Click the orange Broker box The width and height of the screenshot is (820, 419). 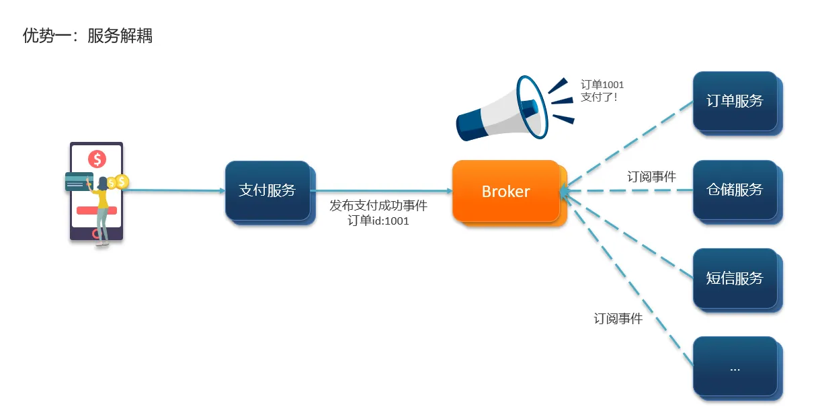pyautogui.click(x=506, y=191)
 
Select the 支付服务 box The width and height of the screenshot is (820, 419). pyautogui.click(x=268, y=190)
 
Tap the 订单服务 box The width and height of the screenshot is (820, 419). pyautogui.click(x=735, y=101)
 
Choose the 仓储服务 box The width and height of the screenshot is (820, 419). pyautogui.click(x=735, y=190)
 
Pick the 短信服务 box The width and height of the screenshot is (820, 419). pyautogui.click(x=735, y=278)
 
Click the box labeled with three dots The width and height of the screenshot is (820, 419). pyautogui.click(x=735, y=367)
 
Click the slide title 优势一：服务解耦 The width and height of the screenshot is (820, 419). pyautogui.click(x=88, y=36)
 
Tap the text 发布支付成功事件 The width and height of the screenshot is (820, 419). pyautogui.click(x=378, y=206)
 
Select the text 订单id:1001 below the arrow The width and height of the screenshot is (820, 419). pyautogui.click(x=378, y=221)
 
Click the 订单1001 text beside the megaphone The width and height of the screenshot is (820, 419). pyautogui.click(x=602, y=85)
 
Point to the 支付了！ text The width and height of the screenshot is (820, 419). pyautogui.click(x=599, y=98)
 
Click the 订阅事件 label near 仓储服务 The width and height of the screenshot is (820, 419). pyautogui.click(x=651, y=177)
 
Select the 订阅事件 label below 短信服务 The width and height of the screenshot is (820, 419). pyautogui.click(x=618, y=319)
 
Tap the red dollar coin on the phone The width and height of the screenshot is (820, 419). pyautogui.click(x=97, y=159)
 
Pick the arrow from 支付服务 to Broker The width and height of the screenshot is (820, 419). pyautogui.click(x=380, y=191)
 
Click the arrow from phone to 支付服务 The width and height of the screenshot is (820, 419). pyautogui.click(x=175, y=190)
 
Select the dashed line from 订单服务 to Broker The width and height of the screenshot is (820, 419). pyautogui.click(x=628, y=144)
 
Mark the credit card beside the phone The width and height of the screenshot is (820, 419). pyautogui.click(x=79, y=182)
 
